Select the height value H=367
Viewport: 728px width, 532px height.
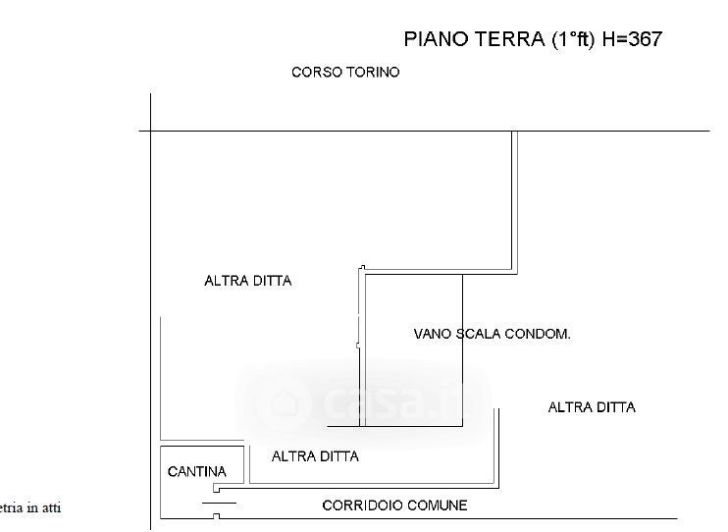[633, 39]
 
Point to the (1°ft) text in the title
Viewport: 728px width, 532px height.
[570, 39]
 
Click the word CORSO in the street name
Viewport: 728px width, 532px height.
[316, 73]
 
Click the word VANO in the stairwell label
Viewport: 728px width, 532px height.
[433, 334]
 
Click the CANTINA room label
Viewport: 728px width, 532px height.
[197, 472]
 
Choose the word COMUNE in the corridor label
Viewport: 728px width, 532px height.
[440, 505]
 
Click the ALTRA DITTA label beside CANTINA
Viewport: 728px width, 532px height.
[315, 456]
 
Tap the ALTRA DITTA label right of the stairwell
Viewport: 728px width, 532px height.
[592, 407]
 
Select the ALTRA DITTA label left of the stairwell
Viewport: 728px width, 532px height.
[248, 281]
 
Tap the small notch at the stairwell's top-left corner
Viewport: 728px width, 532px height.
[362, 268]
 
